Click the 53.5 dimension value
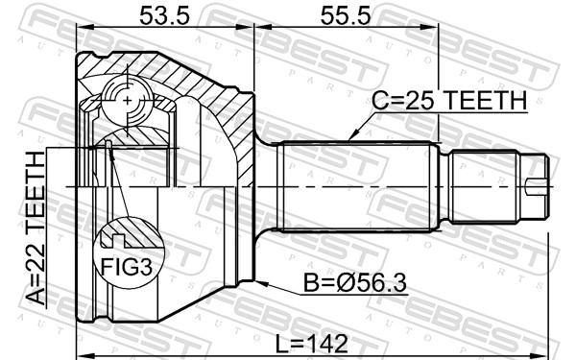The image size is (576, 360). pyautogui.click(x=164, y=16)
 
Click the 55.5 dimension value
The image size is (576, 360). pyautogui.click(x=346, y=16)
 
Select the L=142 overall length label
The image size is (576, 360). pyautogui.click(x=312, y=345)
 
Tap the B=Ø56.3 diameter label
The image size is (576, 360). pyautogui.click(x=355, y=283)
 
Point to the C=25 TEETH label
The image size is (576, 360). pyautogui.click(x=449, y=101)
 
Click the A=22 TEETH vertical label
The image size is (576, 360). pyautogui.click(x=36, y=228)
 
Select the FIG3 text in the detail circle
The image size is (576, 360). pyautogui.click(x=127, y=267)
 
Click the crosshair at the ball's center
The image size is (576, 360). pyautogui.click(x=127, y=100)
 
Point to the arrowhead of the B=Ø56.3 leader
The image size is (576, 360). pyautogui.click(x=260, y=283)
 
